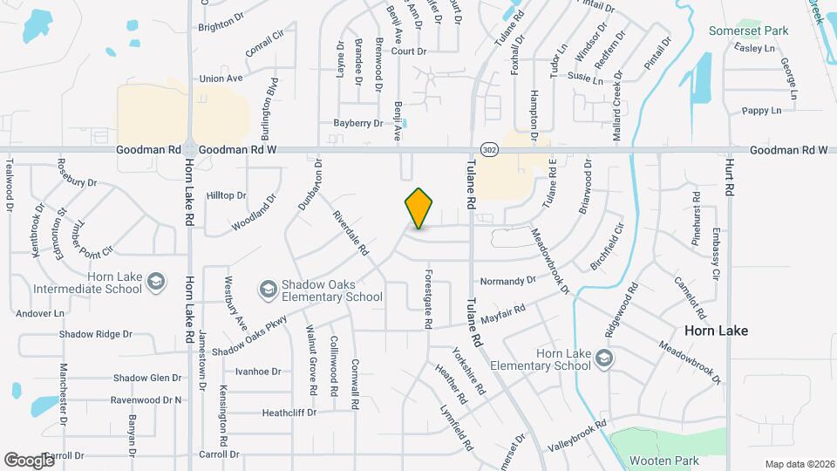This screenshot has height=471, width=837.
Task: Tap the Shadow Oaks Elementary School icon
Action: pyautogui.click(x=268, y=288)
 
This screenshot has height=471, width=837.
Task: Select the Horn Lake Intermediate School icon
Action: pyautogui.click(x=155, y=280)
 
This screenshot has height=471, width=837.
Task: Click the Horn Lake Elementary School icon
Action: pyautogui.click(x=603, y=358)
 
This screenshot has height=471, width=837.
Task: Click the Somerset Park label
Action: pyautogui.click(x=749, y=31)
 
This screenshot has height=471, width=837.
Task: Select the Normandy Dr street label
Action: pyautogui.click(x=508, y=281)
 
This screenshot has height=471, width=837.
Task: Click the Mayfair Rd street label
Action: pyautogui.click(x=502, y=314)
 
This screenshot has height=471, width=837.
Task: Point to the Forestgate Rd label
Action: pyautogui.click(x=429, y=297)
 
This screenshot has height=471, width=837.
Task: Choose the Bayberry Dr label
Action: pyautogui.click(x=358, y=123)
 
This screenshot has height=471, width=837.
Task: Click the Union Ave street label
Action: pyautogui.click(x=221, y=78)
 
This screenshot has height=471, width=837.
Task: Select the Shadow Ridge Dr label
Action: pyautogui.click(x=96, y=334)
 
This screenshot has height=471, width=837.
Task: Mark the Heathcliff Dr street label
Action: pyautogui.click(x=289, y=412)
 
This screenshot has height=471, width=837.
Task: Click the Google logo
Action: pyautogui.click(x=29, y=460)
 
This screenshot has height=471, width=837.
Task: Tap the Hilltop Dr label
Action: pyautogui.click(x=227, y=195)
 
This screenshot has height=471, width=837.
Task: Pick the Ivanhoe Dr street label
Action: pyautogui.click(x=258, y=371)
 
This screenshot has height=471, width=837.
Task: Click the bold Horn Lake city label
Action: pyautogui.click(x=715, y=331)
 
